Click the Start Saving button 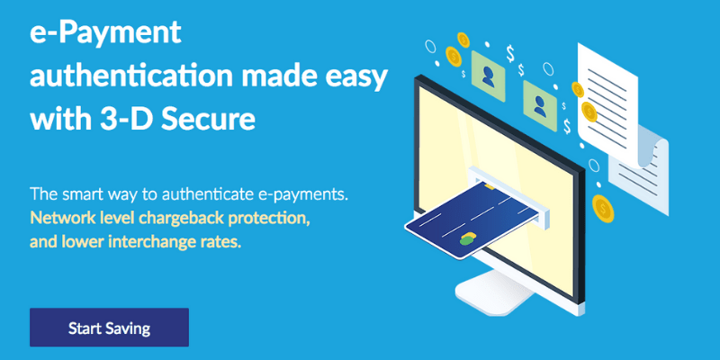[109, 328]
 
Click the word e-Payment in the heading [105, 33]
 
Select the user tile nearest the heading [488, 76]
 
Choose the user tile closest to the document [540, 106]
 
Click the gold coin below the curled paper [603, 209]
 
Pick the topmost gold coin [463, 40]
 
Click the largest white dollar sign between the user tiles [510, 53]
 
